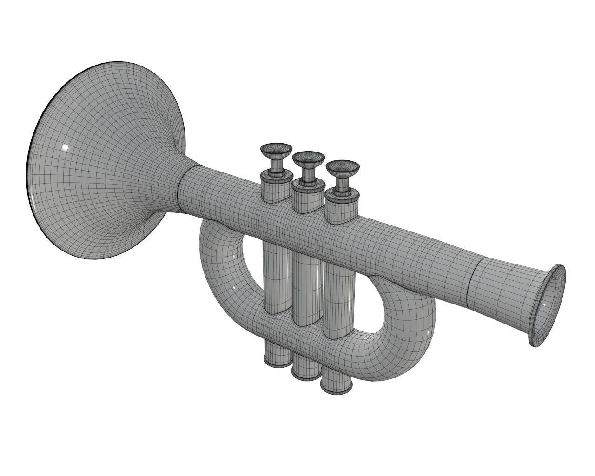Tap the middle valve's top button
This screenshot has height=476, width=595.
click(x=308, y=158)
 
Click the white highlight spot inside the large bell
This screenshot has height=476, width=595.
click(x=65, y=148)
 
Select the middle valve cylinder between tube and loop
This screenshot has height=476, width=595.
click(x=307, y=288)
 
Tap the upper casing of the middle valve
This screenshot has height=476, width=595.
click(x=307, y=198)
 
